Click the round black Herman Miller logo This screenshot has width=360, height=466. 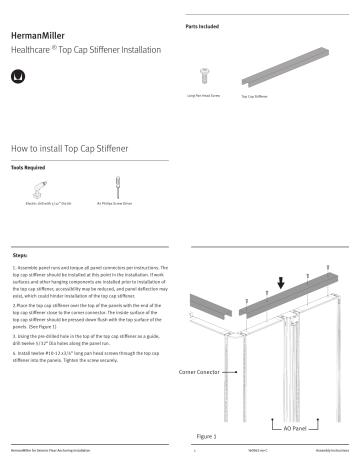tap(17, 75)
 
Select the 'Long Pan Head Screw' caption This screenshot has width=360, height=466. tap(203, 96)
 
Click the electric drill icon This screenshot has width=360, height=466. tap(38, 188)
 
